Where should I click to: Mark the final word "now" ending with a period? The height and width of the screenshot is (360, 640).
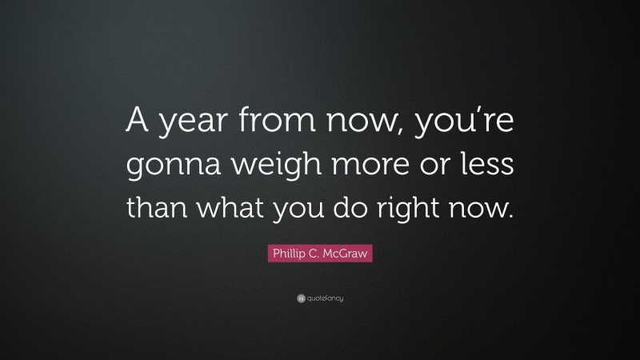pos(492,210)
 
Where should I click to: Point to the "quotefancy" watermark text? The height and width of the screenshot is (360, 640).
pos(325,299)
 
